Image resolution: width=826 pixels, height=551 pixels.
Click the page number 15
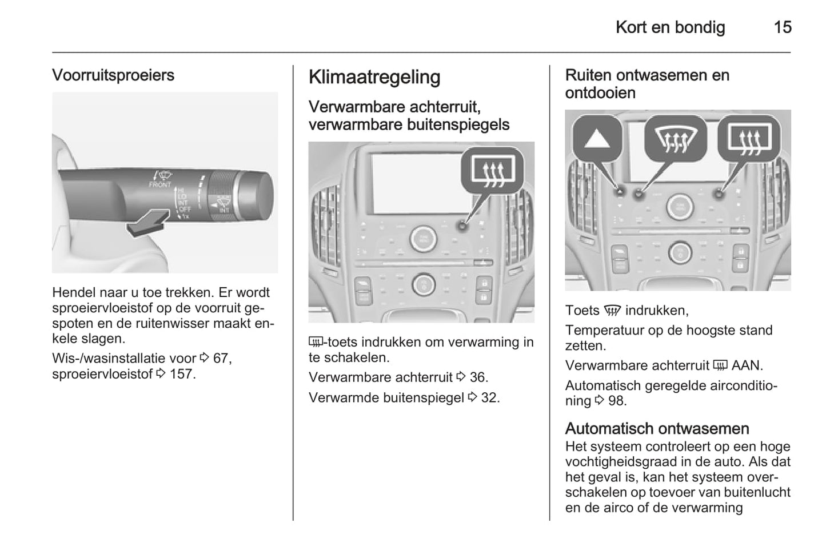pos(782,27)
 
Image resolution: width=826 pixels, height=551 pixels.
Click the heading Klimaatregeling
pos(374,77)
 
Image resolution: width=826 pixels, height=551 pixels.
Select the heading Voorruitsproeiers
pos(113,75)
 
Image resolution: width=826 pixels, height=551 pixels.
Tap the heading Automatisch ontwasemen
pos(657,428)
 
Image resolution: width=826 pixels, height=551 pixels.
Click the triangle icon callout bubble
pos(597,139)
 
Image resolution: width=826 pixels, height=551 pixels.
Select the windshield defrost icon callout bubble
pos(675,139)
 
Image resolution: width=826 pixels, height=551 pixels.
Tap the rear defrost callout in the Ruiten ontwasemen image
pos(748,139)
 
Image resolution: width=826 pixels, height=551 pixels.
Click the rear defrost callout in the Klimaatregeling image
pos(492,170)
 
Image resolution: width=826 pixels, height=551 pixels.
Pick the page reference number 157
pos(181,374)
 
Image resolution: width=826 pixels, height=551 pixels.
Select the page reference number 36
pos(478,377)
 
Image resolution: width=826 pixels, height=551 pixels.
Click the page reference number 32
pos(489,397)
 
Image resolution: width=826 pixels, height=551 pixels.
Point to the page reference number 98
pos(616,401)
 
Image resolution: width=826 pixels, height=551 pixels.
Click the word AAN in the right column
pos(747,365)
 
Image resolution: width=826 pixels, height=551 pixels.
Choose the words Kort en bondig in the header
pos(670,27)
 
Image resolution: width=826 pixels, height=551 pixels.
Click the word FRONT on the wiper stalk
pos(159,185)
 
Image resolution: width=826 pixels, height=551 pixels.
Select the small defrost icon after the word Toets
pos(612,311)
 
